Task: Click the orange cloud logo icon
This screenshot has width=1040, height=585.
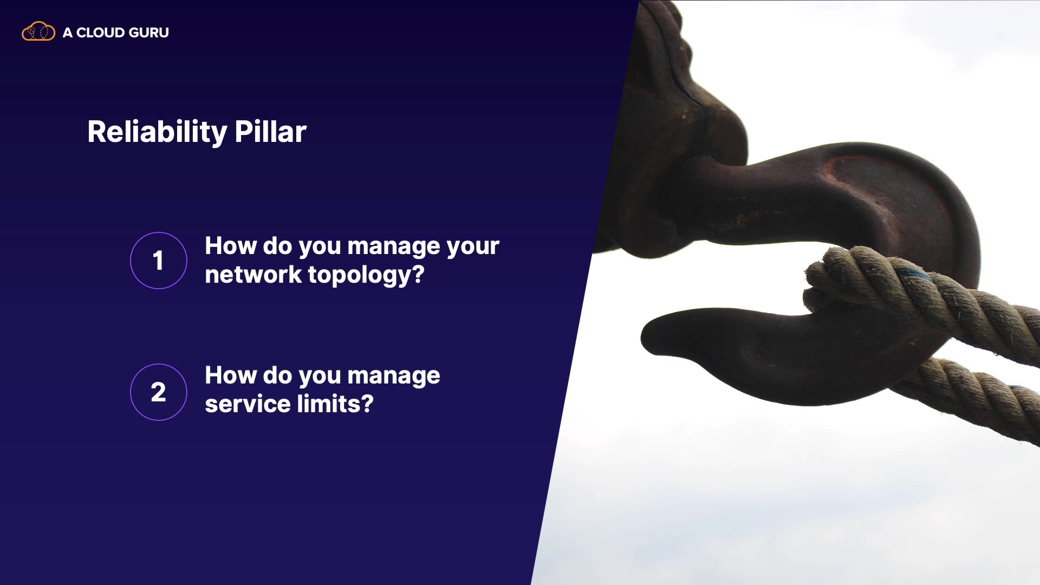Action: pos(38,32)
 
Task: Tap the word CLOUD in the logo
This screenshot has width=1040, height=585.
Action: pos(100,32)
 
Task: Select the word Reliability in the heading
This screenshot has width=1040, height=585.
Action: pos(157,132)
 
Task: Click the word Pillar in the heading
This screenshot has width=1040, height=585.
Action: pos(271,132)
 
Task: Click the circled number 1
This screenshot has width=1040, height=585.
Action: pos(159,261)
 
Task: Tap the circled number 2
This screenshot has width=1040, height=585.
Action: pos(159,392)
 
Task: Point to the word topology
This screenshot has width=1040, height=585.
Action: pos(360,275)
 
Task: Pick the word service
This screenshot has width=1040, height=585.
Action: pos(248,404)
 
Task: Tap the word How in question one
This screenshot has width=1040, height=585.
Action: pos(230,246)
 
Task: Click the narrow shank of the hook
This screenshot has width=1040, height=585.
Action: pos(758,195)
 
